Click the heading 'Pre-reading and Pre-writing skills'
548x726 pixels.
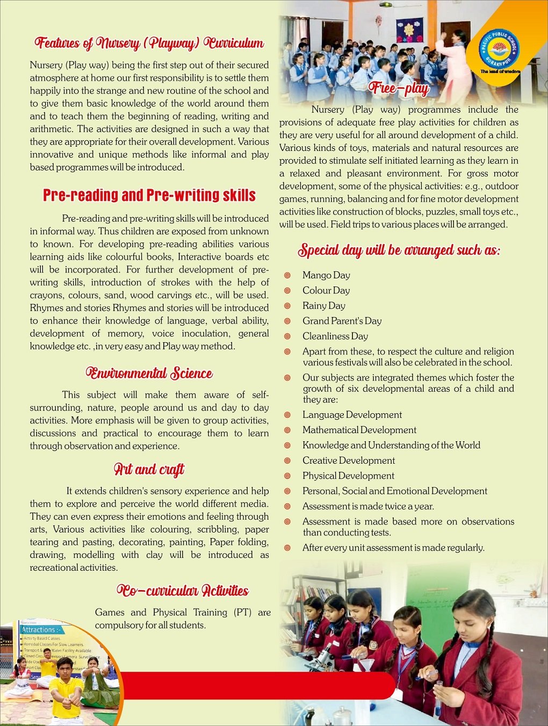point(149,195)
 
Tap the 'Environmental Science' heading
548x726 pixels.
point(149,373)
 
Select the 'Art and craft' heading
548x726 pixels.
point(149,470)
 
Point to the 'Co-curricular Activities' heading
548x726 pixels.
point(183,591)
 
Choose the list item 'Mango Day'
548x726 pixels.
point(326,276)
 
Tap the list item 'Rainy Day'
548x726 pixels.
point(323,306)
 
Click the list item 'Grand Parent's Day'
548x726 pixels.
point(342,321)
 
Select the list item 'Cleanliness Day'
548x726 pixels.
point(335,336)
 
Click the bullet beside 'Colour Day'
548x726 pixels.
point(287,291)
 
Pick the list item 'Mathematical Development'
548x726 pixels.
point(359,430)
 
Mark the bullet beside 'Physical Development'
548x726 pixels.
point(287,476)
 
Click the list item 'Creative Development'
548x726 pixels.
point(348,461)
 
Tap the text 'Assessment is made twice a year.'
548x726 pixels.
point(368,506)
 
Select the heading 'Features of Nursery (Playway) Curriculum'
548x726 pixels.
point(149,43)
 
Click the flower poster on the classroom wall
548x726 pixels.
point(409,30)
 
